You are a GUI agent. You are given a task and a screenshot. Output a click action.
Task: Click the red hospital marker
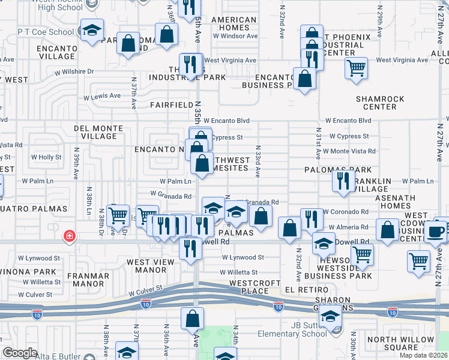[x=70, y=236]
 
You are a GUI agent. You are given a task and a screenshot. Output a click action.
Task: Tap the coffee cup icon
[x=436, y=230]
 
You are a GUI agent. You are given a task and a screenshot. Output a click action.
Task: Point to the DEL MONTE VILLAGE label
[x=95, y=132]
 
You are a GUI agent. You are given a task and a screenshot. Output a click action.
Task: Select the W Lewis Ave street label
[x=102, y=97]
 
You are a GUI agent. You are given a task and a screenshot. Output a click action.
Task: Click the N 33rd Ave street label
[x=258, y=161]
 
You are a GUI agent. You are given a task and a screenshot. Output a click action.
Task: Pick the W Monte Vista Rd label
[x=349, y=151]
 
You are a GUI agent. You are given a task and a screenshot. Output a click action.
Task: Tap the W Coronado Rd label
[x=346, y=212]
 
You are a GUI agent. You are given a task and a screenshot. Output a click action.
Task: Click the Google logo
[x=20, y=353]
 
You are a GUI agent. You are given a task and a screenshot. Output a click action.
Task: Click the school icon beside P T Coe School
[x=91, y=30]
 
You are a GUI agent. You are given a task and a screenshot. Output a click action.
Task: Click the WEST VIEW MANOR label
[x=155, y=266]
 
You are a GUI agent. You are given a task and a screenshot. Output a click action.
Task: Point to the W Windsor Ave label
[x=235, y=36]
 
